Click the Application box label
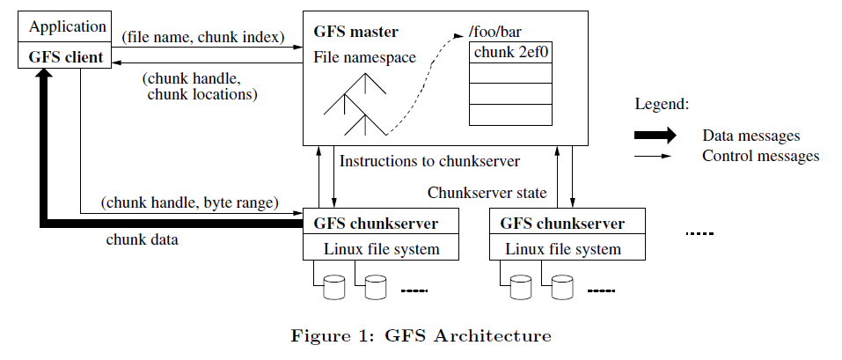pos(68,27)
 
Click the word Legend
pos(662,105)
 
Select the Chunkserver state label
pos(487,192)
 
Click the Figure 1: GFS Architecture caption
pos(421,335)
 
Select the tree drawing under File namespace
pos(355,104)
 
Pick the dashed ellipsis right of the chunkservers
pos(699,233)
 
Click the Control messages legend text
pos(760,157)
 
